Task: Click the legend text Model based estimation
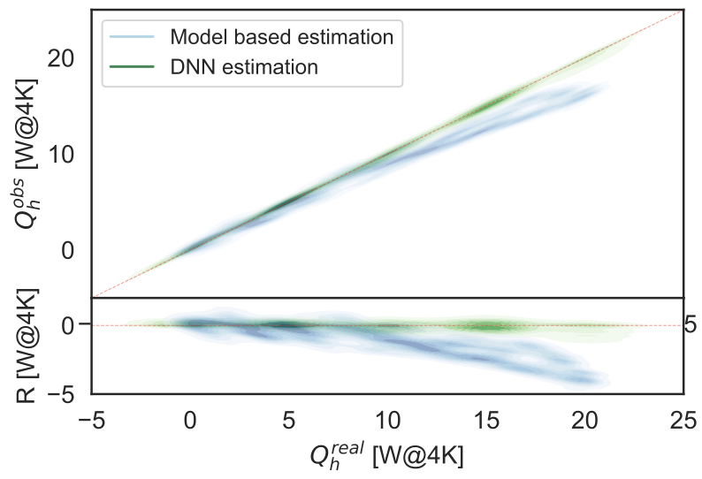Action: pos(281,38)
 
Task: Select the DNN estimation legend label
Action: pos(243,66)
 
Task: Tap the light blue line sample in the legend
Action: pos(132,38)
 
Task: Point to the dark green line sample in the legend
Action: pos(132,66)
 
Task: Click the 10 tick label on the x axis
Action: pos(387,420)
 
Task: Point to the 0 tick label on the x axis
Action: pos(190,420)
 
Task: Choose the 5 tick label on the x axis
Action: pos(288,420)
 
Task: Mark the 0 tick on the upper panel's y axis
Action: pos(74,250)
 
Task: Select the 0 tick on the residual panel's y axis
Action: pos(74,325)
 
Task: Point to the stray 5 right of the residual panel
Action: pos(691,325)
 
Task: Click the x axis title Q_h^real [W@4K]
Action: pos(386,455)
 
